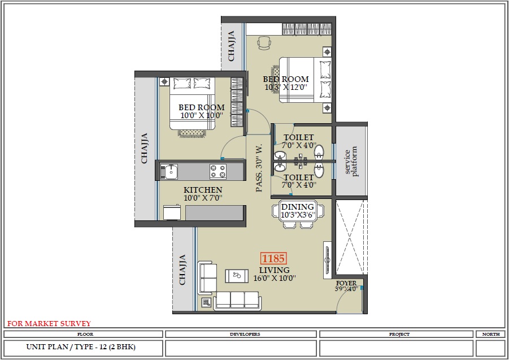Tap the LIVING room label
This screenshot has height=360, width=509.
click(x=274, y=270)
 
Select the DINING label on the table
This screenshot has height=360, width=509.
click(x=298, y=207)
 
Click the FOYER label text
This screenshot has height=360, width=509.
click(x=346, y=283)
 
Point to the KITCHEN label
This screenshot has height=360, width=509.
click(x=202, y=190)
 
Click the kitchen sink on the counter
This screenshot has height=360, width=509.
click(x=169, y=170)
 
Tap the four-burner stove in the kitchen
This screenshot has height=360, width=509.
click(x=218, y=170)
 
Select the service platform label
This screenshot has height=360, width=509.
click(x=351, y=162)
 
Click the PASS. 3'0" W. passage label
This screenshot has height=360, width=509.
click(x=259, y=167)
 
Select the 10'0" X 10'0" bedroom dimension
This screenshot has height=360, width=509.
click(x=202, y=115)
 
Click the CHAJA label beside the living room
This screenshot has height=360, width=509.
click(x=182, y=270)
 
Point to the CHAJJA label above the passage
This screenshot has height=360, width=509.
click(x=232, y=46)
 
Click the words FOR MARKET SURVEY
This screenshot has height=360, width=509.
click(x=49, y=324)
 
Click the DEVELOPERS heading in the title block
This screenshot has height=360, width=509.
click(x=245, y=334)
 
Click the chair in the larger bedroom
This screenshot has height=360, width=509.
click(x=264, y=42)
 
